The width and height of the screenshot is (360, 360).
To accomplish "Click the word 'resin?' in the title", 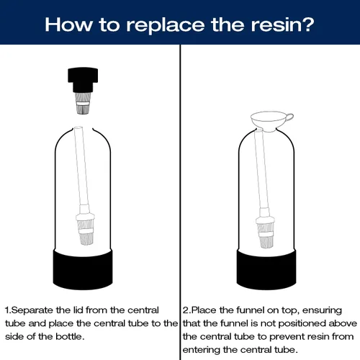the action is [282, 24].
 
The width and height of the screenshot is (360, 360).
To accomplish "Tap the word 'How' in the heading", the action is [68, 24].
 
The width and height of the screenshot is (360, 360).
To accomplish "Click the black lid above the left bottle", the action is [83, 80].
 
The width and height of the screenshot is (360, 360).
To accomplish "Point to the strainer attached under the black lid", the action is [83, 104].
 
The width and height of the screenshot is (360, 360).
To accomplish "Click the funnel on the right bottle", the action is [271, 121].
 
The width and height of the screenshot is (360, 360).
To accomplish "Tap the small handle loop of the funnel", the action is [289, 117].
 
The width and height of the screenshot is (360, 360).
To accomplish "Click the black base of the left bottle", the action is [83, 269].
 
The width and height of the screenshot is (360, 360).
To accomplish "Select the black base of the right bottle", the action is [266, 269].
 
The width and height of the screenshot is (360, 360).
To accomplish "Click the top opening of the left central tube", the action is [78, 128].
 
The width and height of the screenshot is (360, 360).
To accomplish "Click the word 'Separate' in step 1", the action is [32, 310].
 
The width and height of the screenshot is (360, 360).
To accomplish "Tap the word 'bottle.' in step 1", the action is [70, 336].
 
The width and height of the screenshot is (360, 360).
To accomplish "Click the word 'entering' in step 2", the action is [201, 350].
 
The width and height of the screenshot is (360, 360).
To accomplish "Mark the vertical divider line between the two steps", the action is [180, 202].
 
